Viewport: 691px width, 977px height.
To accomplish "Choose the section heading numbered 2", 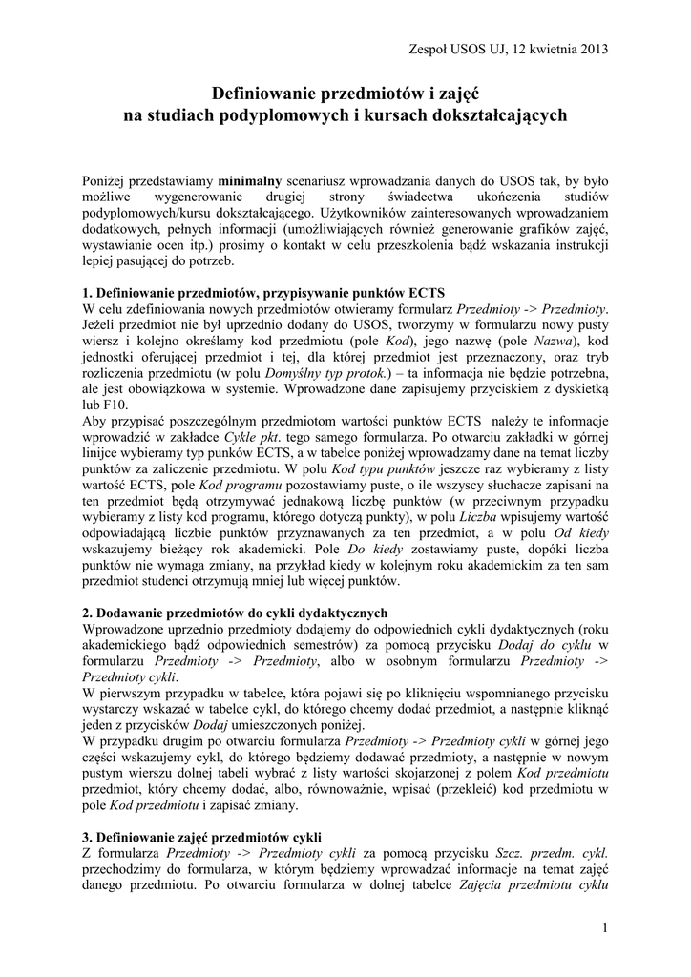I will point(236,613).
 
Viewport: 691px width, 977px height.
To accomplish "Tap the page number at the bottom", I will point(605,928).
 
